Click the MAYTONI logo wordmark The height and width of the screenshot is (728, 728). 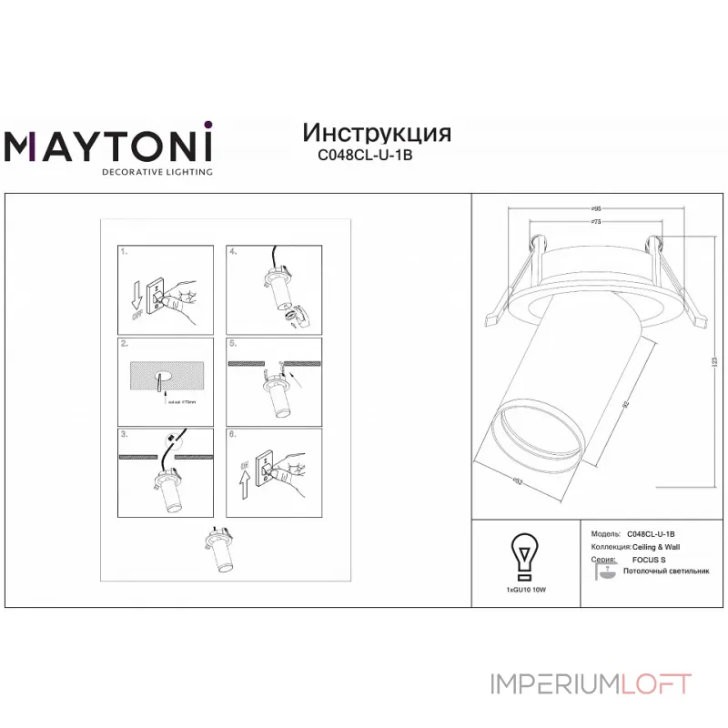(109, 145)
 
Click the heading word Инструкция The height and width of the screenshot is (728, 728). (376, 133)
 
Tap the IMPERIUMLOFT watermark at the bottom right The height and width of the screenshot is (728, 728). (591, 683)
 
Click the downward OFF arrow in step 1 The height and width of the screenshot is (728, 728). (136, 297)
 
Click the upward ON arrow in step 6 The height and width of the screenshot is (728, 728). (243, 488)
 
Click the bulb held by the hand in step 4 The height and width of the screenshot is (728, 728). (295, 316)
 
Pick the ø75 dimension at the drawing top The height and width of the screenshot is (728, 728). (595, 221)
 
